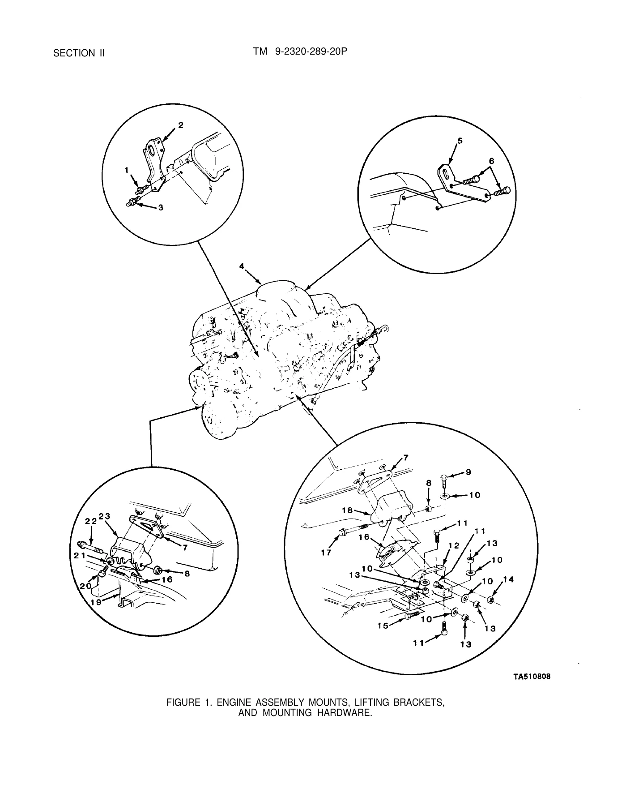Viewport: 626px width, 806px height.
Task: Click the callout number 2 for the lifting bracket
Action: coord(180,125)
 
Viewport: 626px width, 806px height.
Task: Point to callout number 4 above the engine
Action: coord(242,266)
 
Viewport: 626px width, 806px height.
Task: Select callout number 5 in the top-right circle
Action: coord(460,141)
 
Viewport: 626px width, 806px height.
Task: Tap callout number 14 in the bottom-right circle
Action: coord(508,580)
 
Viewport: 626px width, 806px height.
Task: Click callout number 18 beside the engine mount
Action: coord(348,510)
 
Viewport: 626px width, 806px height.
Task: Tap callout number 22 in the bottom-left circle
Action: coord(91,521)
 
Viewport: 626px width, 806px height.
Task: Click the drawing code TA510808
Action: coord(531,677)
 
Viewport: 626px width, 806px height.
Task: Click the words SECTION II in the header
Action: coord(79,53)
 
